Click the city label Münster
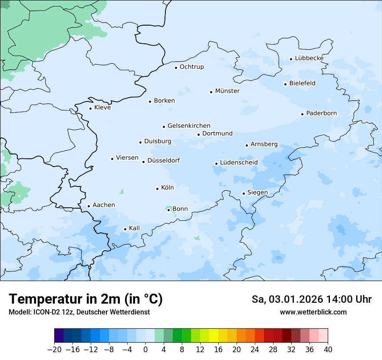227,91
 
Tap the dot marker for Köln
157,189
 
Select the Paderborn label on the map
321,114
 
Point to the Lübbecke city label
309,59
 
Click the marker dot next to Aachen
89,206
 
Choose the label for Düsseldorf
164,161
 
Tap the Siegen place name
257,193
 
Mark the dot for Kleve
90,108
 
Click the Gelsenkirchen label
189,126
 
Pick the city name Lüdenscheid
239,163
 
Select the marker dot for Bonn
168,210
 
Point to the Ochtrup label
191,67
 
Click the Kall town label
134,228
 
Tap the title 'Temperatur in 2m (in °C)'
86,299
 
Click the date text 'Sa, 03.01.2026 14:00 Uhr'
311,299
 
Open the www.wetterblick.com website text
313,312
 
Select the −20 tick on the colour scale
55,350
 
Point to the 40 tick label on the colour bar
328,350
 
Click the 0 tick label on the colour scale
145,350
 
